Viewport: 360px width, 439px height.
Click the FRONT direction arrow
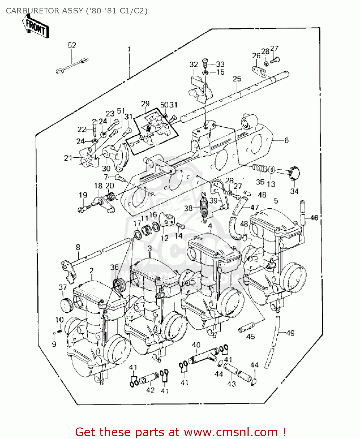pyautogui.click(x=35, y=27)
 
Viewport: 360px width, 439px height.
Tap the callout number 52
pyautogui.click(x=72, y=45)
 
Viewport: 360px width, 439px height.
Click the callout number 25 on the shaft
pyautogui.click(x=237, y=79)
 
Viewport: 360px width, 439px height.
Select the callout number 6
pyautogui.click(x=286, y=140)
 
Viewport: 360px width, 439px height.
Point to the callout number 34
pyautogui.click(x=294, y=191)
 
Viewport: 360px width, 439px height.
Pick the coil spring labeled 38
pyautogui.click(x=204, y=206)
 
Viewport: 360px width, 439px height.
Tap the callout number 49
pyautogui.click(x=290, y=333)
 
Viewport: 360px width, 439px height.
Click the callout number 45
pyautogui.click(x=250, y=337)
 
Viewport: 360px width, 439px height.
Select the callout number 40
pyautogui.click(x=196, y=345)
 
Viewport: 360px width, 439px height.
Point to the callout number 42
pyautogui.click(x=150, y=390)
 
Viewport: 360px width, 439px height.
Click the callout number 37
pyautogui.click(x=62, y=287)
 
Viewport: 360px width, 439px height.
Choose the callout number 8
pyautogui.click(x=78, y=247)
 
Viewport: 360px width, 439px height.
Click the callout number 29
pyautogui.click(x=145, y=104)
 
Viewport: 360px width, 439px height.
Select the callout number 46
pyautogui.click(x=314, y=218)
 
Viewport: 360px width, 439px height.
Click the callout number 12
pyautogui.click(x=164, y=238)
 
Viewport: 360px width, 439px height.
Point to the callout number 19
pyautogui.click(x=83, y=195)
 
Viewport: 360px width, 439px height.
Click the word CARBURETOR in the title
pyautogui.click(x=30, y=11)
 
